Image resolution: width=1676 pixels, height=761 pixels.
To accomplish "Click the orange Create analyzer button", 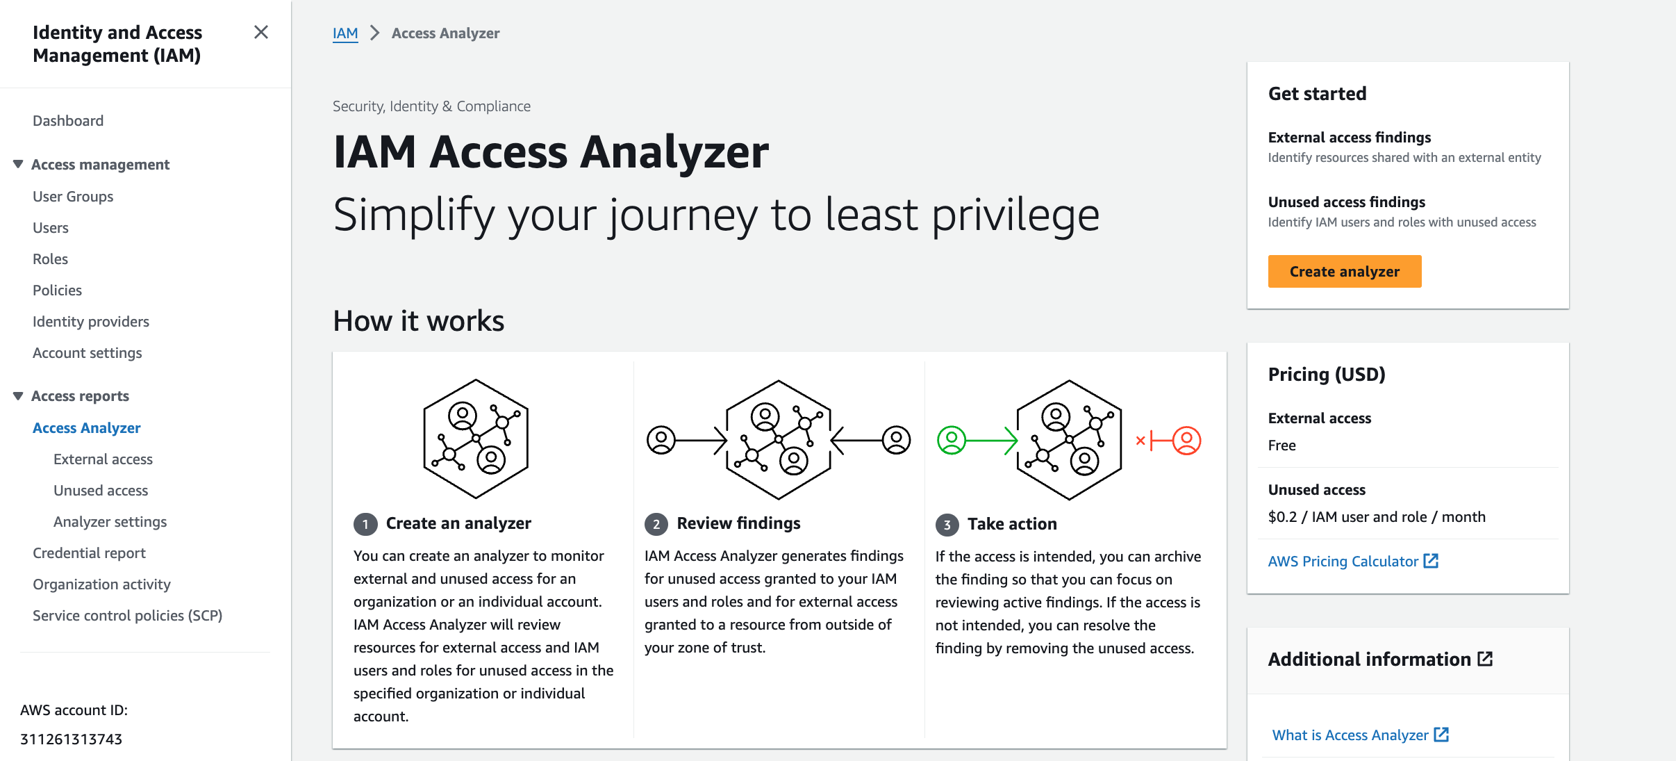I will tap(1344, 272).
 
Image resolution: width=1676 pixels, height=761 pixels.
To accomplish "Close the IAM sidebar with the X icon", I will tap(261, 33).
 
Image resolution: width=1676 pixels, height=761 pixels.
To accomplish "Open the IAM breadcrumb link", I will tap(345, 33).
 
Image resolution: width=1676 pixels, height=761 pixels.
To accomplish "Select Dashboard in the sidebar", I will tap(68, 121).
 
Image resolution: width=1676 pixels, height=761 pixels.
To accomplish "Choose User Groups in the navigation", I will tap(73, 197).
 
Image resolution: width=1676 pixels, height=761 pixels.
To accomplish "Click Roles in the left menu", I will tap(50, 259).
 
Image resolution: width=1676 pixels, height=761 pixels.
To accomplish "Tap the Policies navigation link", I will tap(57, 291).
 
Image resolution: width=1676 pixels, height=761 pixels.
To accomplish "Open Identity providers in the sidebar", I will tap(91, 322).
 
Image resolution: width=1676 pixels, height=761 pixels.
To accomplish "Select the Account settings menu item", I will tap(87, 353).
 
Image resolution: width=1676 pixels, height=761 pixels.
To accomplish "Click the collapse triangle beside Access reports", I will tap(18, 396).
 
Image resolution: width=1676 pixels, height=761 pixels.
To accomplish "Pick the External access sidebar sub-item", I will tap(103, 459).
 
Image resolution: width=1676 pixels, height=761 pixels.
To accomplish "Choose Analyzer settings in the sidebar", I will tap(110, 522).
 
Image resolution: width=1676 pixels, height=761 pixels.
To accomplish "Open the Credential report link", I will tap(89, 553).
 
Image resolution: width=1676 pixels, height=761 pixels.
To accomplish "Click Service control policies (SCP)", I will tap(127, 616).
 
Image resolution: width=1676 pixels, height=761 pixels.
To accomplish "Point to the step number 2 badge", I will tap(656, 524).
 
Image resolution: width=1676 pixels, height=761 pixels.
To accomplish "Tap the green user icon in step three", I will tap(951, 441).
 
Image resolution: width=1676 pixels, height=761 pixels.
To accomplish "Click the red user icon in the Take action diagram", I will tap(1186, 441).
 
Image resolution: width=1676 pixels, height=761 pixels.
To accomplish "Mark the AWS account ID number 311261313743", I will tap(72, 739).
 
